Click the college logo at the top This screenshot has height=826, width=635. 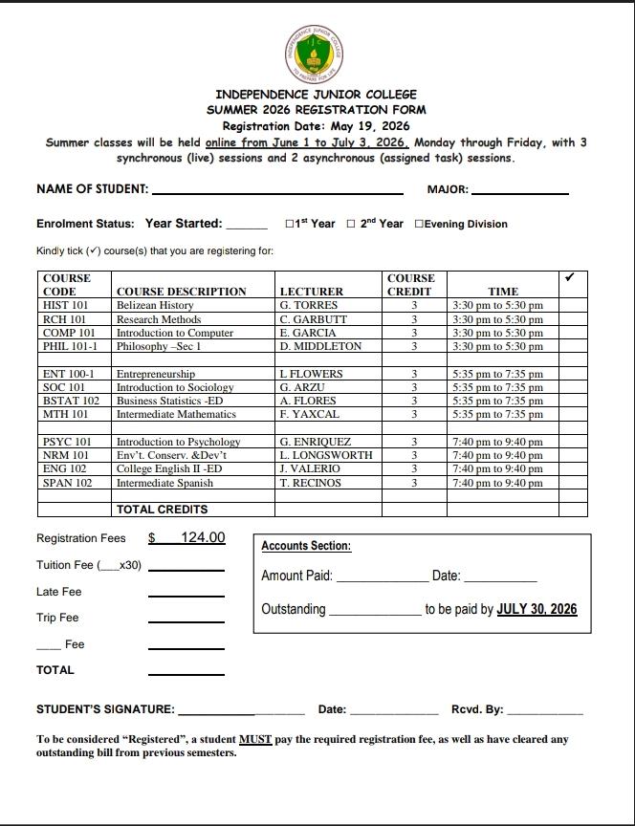(x=317, y=53)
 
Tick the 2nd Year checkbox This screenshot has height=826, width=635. (x=351, y=224)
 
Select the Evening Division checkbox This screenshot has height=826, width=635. (x=419, y=224)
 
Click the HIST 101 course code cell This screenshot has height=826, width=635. (x=66, y=305)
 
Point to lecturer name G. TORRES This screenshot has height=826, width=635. (x=303, y=305)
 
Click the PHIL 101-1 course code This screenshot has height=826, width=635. (x=71, y=346)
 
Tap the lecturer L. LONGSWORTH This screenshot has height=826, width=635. (x=326, y=456)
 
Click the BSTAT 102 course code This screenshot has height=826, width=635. (x=72, y=401)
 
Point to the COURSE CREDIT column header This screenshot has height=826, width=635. (x=410, y=285)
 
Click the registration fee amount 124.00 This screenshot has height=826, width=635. (x=203, y=538)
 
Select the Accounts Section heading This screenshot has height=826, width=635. (x=306, y=546)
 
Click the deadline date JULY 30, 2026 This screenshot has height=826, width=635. (x=536, y=609)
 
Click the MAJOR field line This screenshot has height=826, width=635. (x=520, y=191)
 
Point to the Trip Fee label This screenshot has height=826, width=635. (x=57, y=618)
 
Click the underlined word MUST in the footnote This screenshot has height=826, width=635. (x=256, y=739)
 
